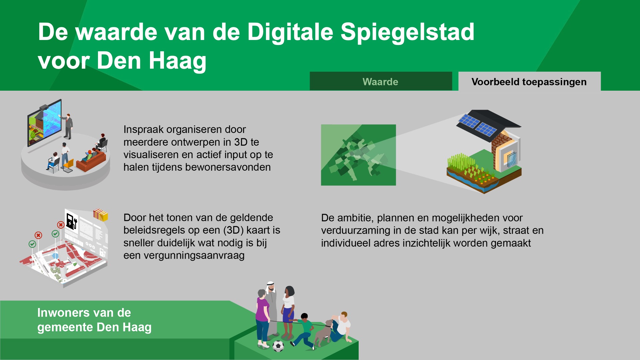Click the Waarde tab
(381, 81)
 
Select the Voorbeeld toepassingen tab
(529, 81)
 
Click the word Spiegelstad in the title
(407, 32)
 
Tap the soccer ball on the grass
(278, 346)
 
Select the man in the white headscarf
(272, 308)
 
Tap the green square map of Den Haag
(358, 155)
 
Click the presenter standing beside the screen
(68, 126)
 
